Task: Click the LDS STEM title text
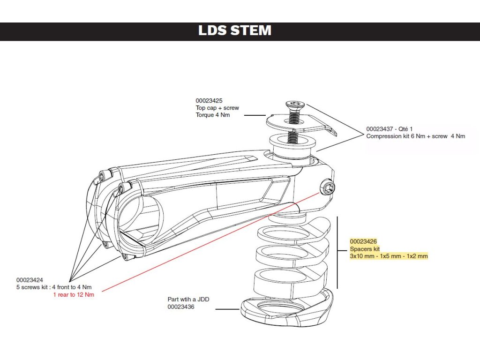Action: (x=235, y=30)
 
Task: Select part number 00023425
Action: (x=209, y=101)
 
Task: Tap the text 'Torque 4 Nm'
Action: (x=213, y=115)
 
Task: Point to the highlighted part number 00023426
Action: (x=363, y=241)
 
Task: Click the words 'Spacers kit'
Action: (x=365, y=249)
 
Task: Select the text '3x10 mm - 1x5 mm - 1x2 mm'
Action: (x=389, y=256)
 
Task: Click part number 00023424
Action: (x=30, y=280)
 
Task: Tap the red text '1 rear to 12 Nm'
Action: (x=74, y=295)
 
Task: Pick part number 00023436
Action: (x=181, y=307)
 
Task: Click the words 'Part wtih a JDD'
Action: (x=188, y=300)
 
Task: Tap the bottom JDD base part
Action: (x=287, y=307)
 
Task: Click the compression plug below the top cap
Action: (x=292, y=145)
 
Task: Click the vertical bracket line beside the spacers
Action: (x=337, y=253)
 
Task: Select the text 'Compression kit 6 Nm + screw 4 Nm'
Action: (x=415, y=136)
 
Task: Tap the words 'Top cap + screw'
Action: (x=217, y=108)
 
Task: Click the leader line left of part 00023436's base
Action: (x=227, y=309)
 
